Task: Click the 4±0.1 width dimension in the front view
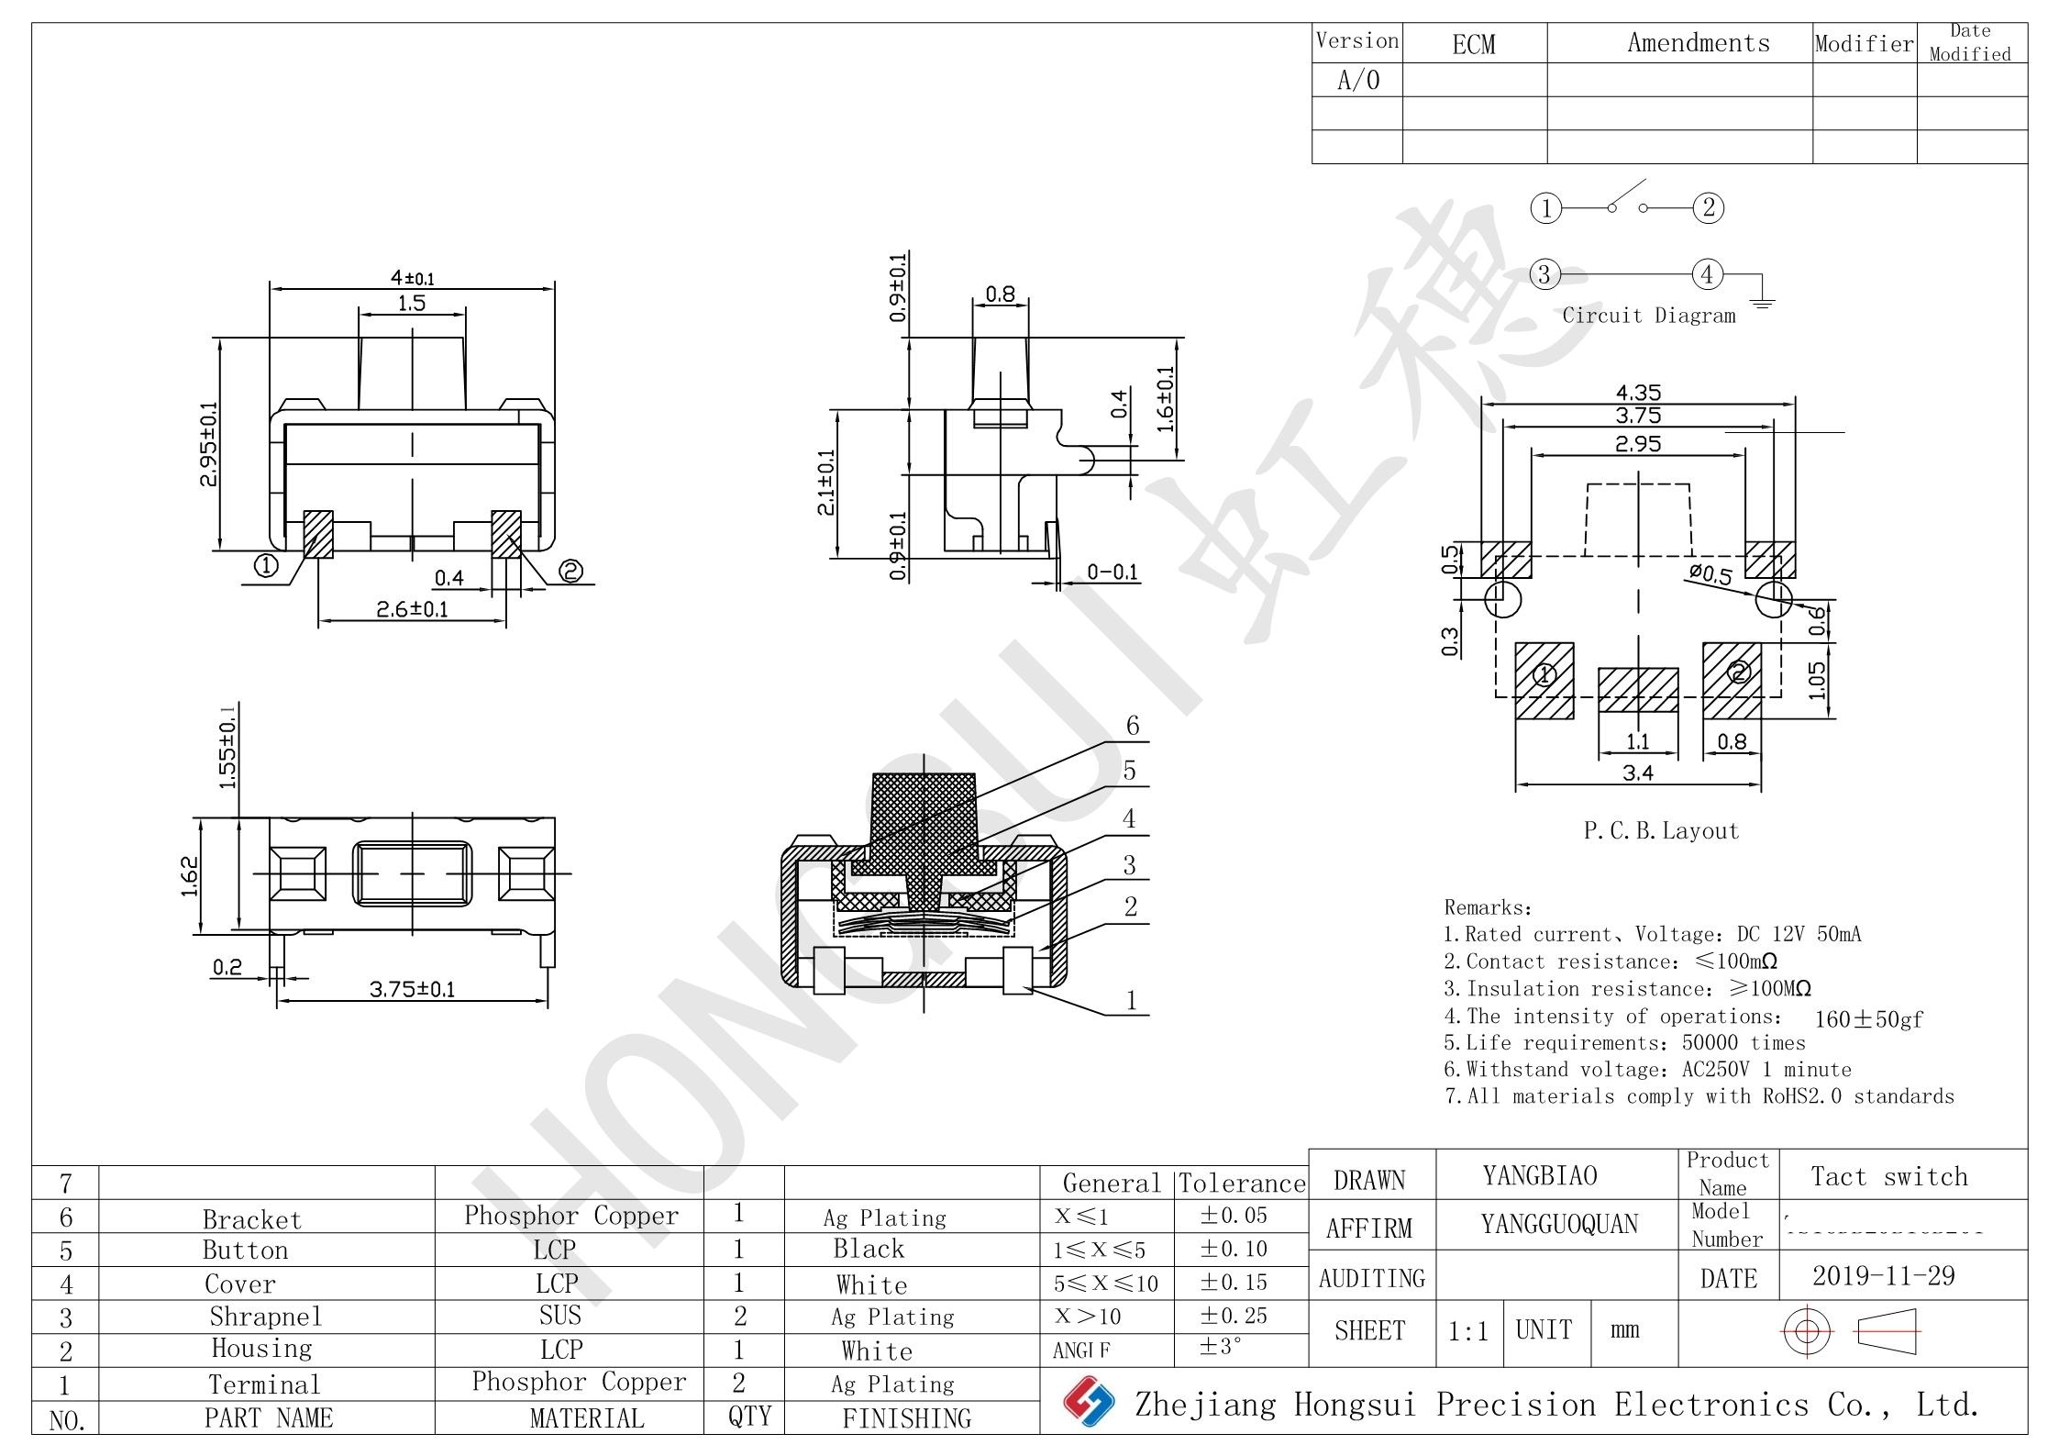[x=412, y=277]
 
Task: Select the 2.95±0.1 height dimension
[x=210, y=444]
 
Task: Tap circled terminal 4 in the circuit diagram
[x=1707, y=273]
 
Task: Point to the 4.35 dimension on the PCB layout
[x=1638, y=393]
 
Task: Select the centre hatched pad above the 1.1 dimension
[x=1638, y=690]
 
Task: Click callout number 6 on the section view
[x=1133, y=726]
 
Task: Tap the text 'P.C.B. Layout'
[x=1661, y=831]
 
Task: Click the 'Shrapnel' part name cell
[x=266, y=1317]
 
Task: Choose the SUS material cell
[x=560, y=1316]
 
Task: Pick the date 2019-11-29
[x=1883, y=1276]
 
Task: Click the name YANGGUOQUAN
[x=1559, y=1225]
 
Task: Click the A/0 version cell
[x=1357, y=81]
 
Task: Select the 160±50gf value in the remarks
[x=1868, y=1019]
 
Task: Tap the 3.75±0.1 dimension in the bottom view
[x=412, y=989]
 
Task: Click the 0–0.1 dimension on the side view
[x=1112, y=572]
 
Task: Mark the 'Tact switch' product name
[x=1889, y=1177]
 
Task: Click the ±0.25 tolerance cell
[x=1234, y=1316]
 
